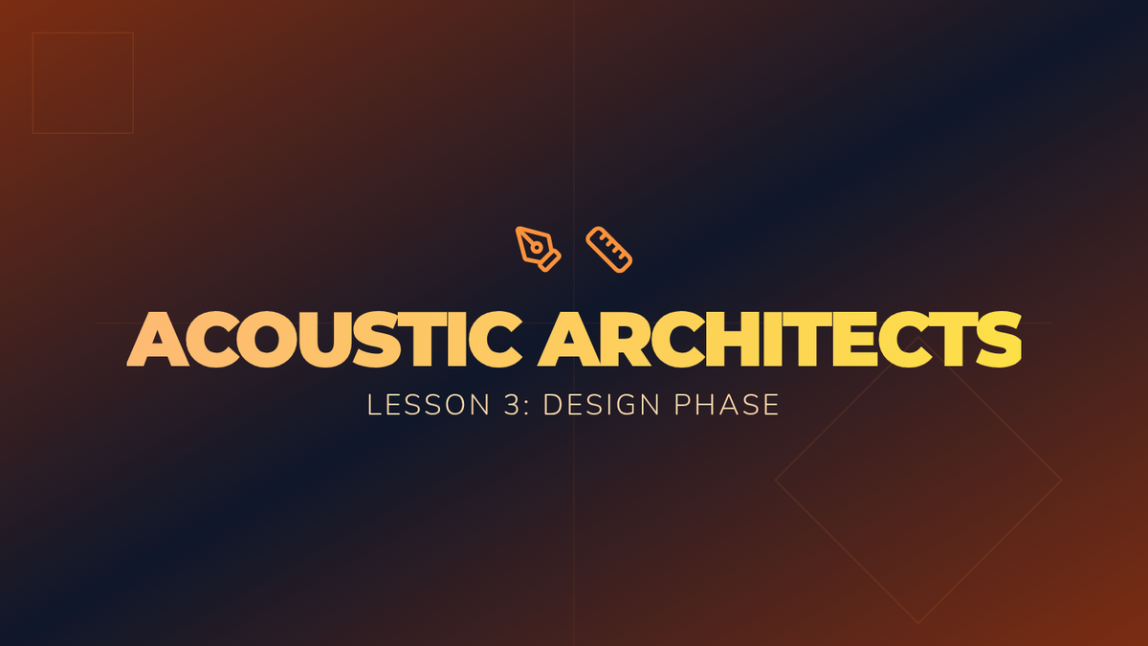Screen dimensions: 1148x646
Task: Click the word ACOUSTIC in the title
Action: point(324,340)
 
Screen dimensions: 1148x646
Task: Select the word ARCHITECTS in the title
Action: point(780,340)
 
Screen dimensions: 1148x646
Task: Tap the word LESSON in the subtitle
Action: point(429,405)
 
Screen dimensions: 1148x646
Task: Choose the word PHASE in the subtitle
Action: point(727,405)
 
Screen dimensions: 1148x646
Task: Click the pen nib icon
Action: point(538,249)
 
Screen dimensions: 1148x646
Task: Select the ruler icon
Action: point(608,249)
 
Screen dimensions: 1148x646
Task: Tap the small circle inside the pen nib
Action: point(537,248)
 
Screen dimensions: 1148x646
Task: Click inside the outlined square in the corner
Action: point(83,83)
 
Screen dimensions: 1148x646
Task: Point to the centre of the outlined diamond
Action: point(917,480)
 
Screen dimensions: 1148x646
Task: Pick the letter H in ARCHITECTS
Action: point(732,340)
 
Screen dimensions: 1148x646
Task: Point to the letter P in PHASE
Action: point(682,405)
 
